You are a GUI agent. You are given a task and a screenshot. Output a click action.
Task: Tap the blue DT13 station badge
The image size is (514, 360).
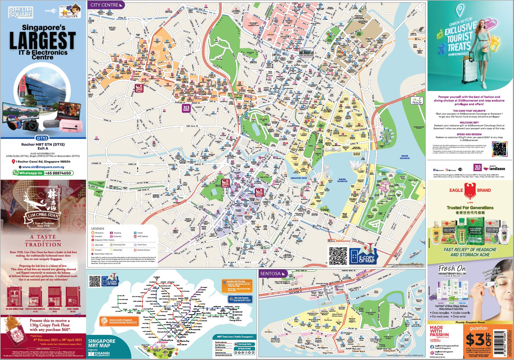coord(43,138)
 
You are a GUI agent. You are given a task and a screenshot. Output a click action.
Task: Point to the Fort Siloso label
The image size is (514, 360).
coord(269,332)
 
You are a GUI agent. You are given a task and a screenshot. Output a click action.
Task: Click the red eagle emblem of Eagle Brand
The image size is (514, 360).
coord(470,191)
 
